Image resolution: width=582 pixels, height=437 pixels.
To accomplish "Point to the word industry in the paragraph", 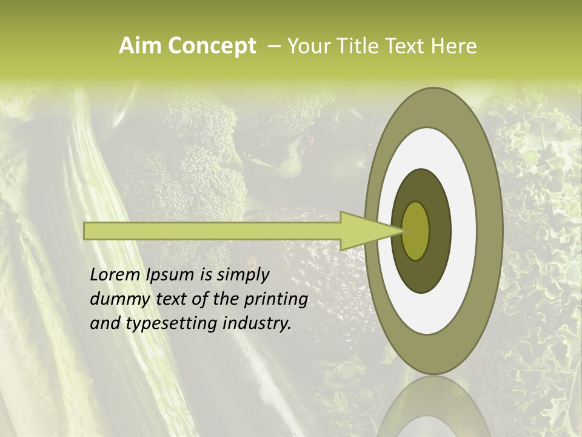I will point(257,324).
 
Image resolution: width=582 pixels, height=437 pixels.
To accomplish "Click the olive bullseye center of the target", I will point(416,231).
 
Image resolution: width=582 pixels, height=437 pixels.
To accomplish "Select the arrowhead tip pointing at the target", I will point(401,231).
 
